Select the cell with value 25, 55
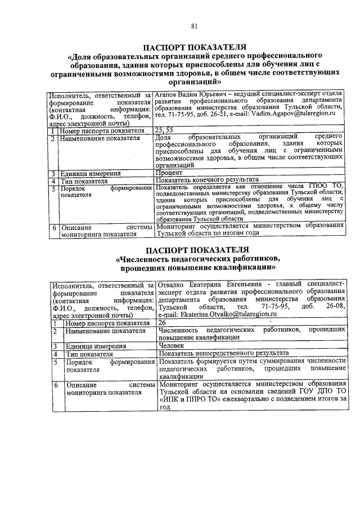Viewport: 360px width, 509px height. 165,130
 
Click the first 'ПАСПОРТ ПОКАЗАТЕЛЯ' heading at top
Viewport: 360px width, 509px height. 194,47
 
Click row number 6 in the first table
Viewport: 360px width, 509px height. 52,228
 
